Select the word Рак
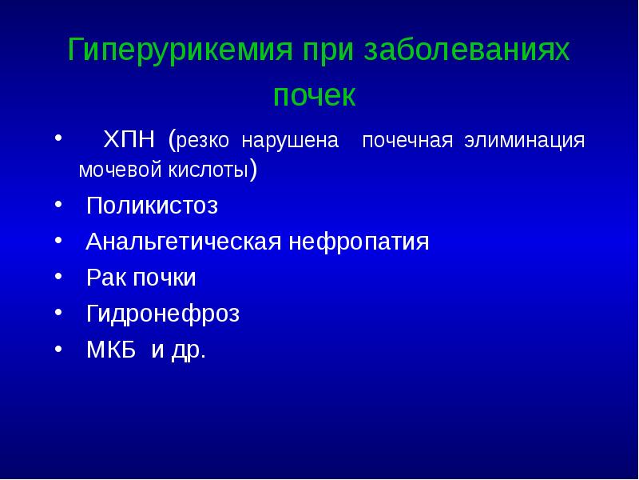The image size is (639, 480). click(105, 278)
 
